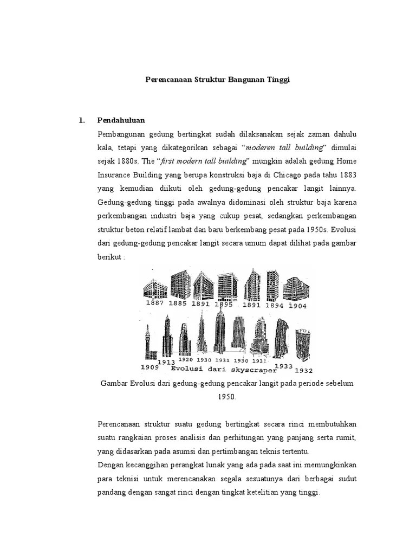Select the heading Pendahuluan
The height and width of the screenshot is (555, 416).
coord(121,120)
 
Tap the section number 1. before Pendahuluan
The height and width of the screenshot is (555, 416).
coord(82,120)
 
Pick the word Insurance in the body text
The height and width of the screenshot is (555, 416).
coord(115,175)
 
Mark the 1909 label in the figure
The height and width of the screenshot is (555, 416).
coord(150,367)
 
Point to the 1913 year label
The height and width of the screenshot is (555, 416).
coord(165,362)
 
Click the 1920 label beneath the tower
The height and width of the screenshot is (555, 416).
coord(185,359)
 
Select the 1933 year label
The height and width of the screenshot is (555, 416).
coord(283,366)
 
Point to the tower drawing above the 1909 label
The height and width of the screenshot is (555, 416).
coord(148,341)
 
